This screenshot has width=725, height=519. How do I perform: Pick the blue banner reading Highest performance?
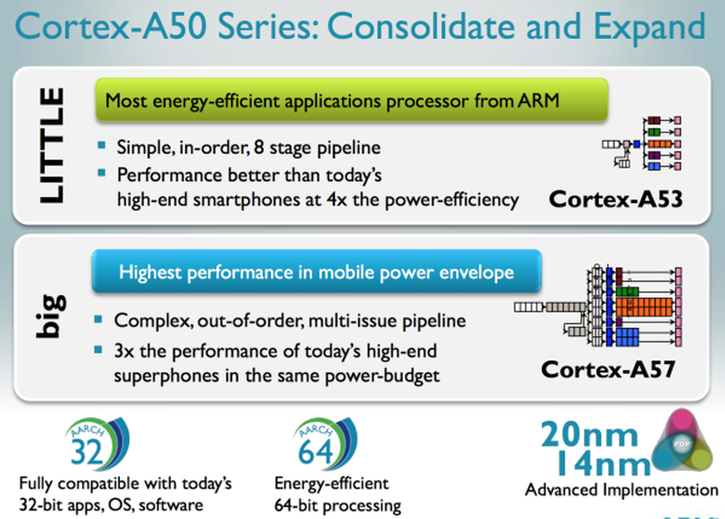click(317, 272)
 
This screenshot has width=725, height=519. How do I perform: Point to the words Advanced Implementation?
click(621, 491)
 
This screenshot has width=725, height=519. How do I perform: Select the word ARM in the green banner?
click(537, 100)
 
